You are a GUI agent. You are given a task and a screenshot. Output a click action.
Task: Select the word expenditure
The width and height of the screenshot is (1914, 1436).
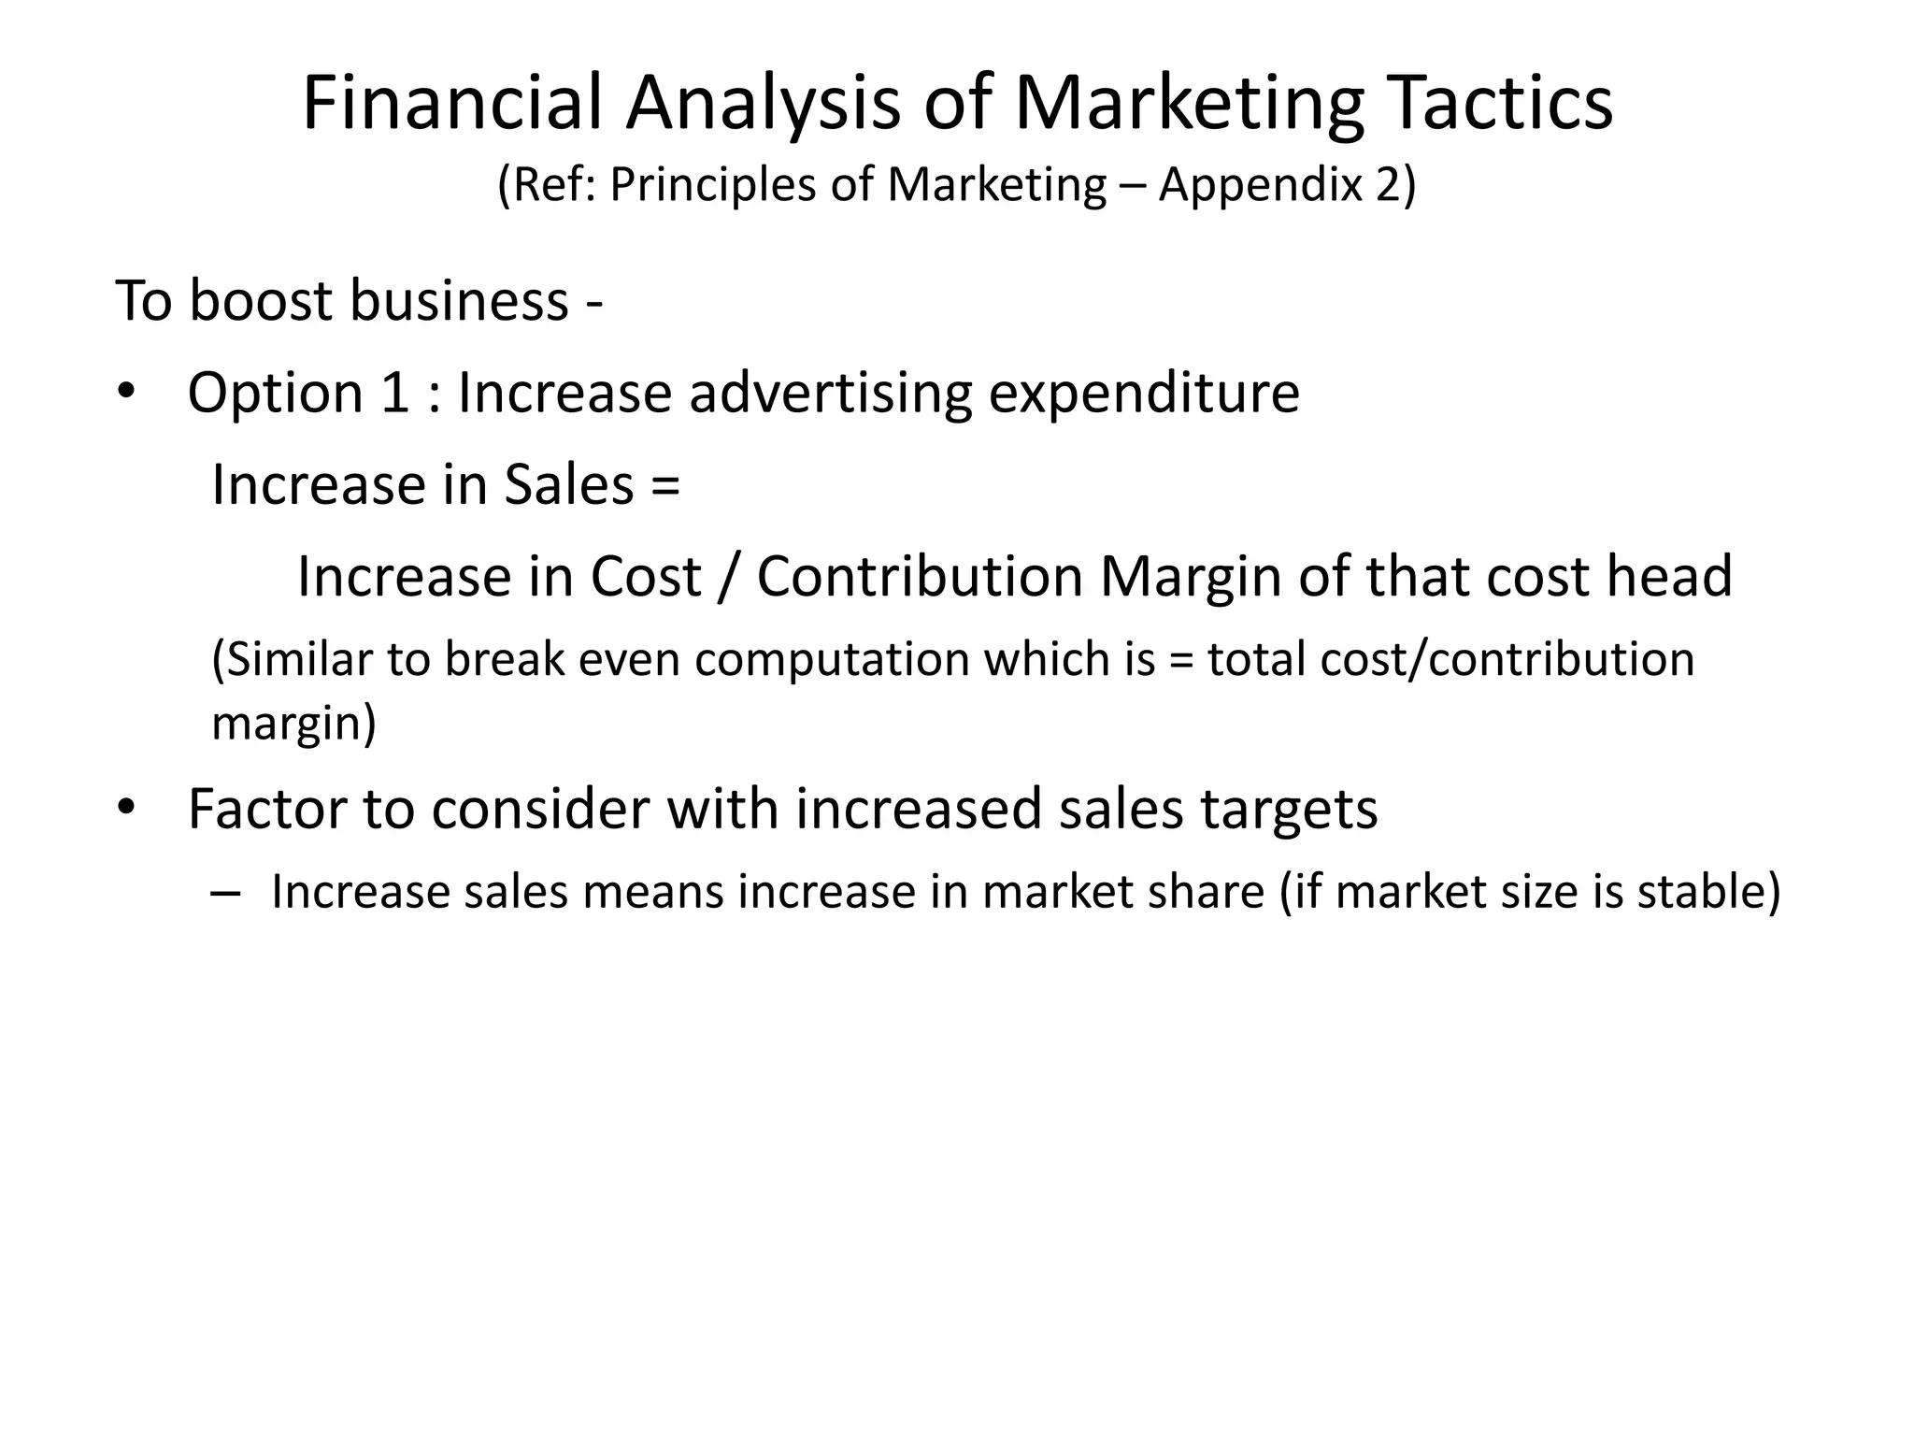1144,393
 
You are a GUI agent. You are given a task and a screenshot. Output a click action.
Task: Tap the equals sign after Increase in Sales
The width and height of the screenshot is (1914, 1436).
667,486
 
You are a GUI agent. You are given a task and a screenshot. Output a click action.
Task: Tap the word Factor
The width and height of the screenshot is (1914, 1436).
267,809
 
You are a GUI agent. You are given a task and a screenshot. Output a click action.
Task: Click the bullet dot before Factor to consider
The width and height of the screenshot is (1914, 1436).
126,807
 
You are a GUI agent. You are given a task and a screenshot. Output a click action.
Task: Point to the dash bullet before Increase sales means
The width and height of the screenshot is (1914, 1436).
225,893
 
